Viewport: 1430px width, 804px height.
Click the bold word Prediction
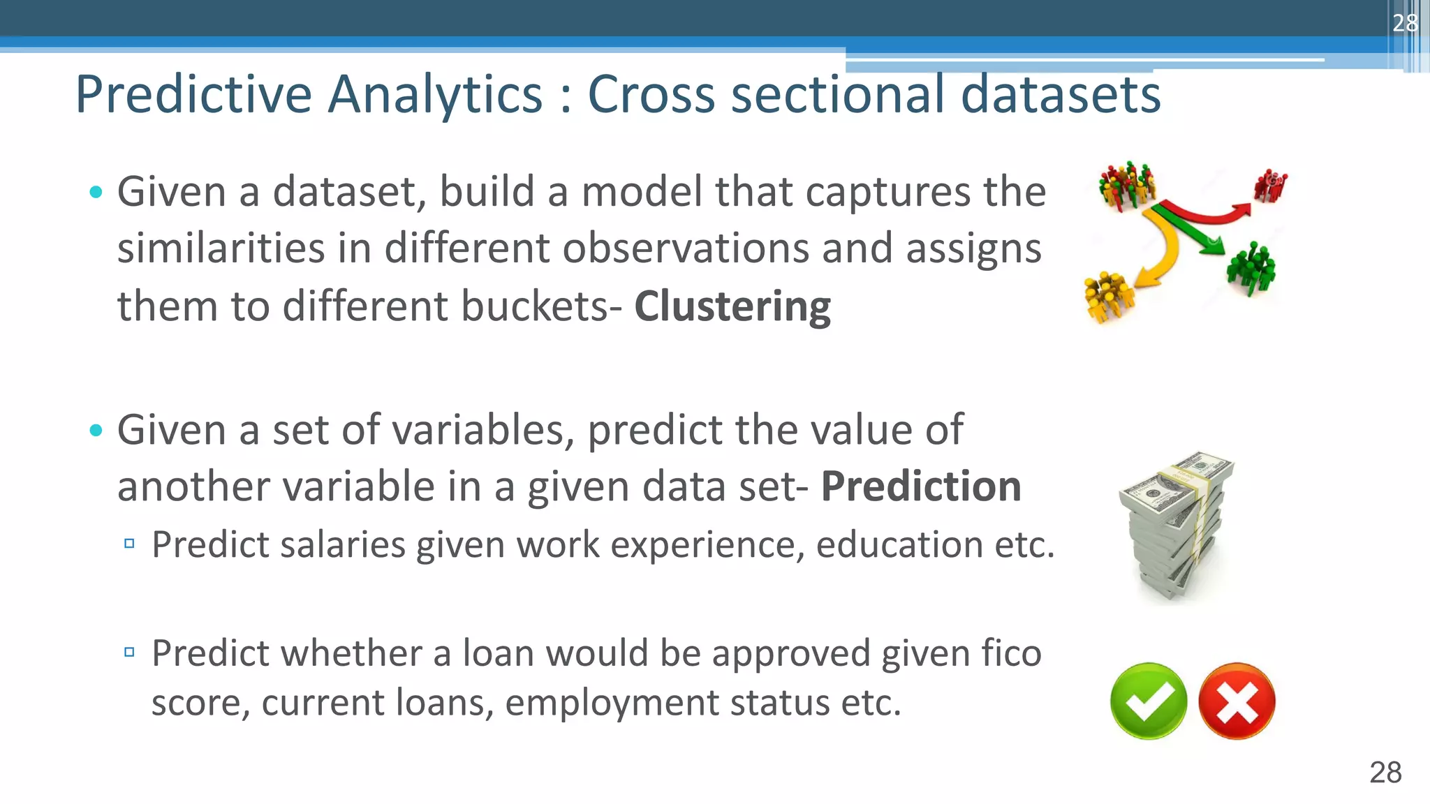tap(920, 486)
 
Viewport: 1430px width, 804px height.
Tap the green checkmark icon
tap(1148, 701)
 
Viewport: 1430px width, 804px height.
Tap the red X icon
tap(1237, 701)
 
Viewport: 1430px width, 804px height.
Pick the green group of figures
tap(1251, 268)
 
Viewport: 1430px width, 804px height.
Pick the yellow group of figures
tap(1108, 296)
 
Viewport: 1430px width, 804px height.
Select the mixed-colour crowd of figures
tap(1126, 186)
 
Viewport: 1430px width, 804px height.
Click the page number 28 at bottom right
tap(1385, 773)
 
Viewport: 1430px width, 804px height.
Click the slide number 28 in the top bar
tap(1404, 23)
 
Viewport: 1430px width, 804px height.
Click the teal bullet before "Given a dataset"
tap(96, 192)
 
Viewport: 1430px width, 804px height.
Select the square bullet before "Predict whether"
tap(129, 653)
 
